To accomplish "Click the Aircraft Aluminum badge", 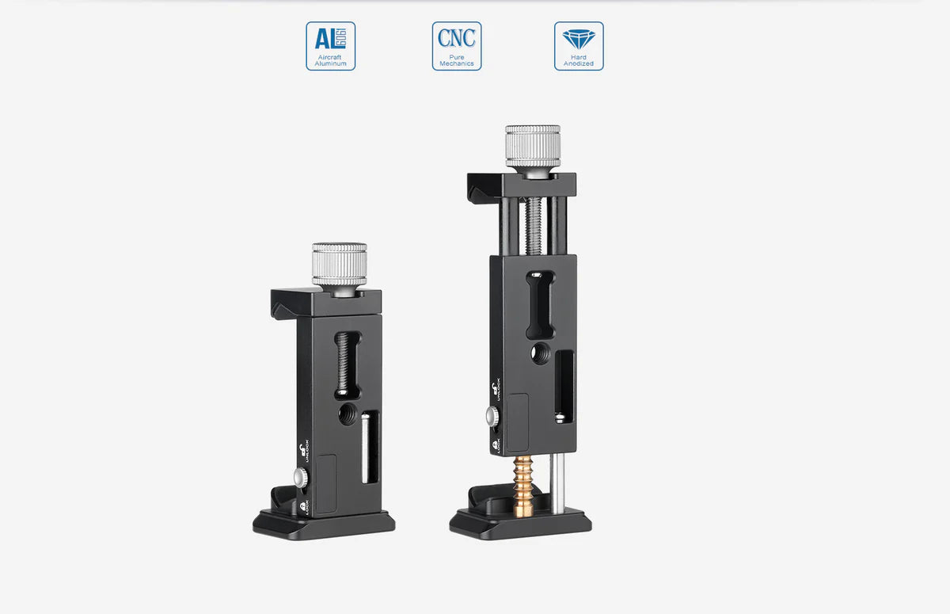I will [x=330, y=46].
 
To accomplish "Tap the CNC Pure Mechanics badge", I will [x=457, y=46].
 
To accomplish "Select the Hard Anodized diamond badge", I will [x=579, y=46].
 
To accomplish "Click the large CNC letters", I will [x=457, y=37].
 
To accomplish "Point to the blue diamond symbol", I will [x=579, y=38].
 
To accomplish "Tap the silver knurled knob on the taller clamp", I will [x=533, y=146].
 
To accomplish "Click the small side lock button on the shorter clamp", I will [x=300, y=477].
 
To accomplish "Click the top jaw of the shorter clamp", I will [x=325, y=299].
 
